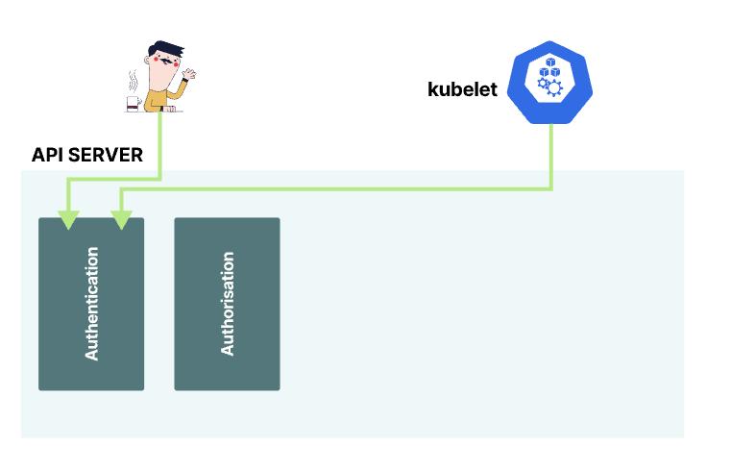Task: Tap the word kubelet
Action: pos(462,90)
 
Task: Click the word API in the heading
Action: pos(48,155)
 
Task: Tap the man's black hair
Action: pos(166,49)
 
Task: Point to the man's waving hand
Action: pos(190,73)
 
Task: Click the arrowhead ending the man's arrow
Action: pos(67,220)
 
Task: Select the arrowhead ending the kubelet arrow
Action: pos(121,220)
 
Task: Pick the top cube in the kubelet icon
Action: pos(550,62)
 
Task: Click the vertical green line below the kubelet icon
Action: pos(551,154)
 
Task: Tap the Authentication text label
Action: pos(91,304)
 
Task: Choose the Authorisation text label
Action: pos(228,304)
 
